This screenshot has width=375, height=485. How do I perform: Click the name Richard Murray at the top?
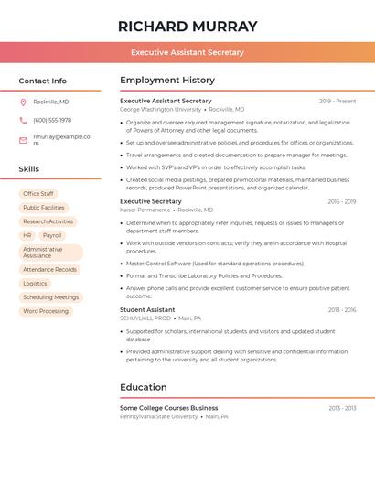coord(187,27)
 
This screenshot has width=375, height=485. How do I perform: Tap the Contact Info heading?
coord(42,81)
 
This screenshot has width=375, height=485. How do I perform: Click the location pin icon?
coord(23,102)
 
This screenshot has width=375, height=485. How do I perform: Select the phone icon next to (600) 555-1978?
coord(23,120)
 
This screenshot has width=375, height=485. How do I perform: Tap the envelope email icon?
coord(23,140)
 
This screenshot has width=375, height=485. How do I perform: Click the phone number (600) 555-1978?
coord(52,120)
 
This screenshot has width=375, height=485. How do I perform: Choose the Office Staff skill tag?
coord(38,194)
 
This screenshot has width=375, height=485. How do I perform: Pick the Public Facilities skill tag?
coord(44,208)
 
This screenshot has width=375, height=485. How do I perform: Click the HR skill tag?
coord(27,235)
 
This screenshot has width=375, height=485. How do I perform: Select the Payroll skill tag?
coord(52,235)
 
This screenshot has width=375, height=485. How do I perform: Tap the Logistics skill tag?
coord(35,284)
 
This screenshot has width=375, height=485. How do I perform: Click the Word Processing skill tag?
coord(46,311)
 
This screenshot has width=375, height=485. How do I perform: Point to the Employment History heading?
coord(166,80)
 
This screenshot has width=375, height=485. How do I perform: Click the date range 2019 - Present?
coord(337,101)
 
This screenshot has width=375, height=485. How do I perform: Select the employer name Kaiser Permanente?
coord(145,210)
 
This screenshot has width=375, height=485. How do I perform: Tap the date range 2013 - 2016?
coord(341,310)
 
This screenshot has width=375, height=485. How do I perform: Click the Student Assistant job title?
coord(147,309)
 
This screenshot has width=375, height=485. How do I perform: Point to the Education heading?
coord(144,387)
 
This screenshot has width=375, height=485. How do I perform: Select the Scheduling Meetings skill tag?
coord(50,297)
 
